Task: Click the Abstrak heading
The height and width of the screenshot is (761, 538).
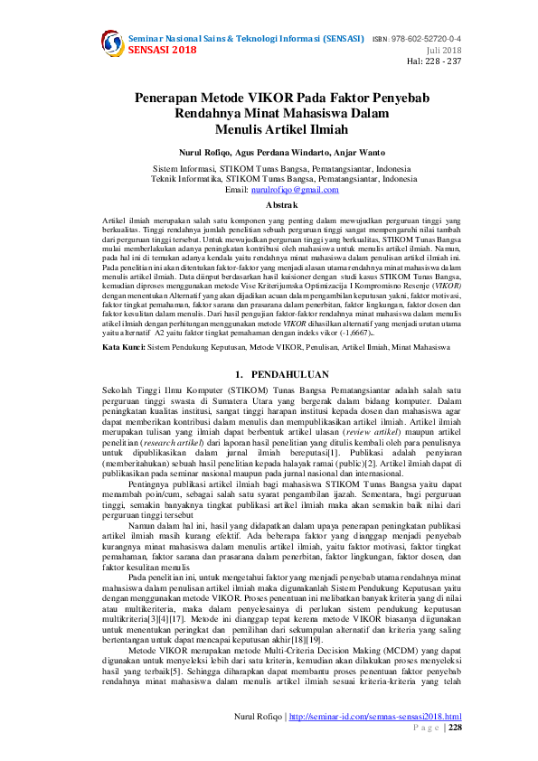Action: [268, 206]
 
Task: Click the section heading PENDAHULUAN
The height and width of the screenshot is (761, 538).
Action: [274, 399]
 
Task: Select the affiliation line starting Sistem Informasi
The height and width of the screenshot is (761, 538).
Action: [268, 168]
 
